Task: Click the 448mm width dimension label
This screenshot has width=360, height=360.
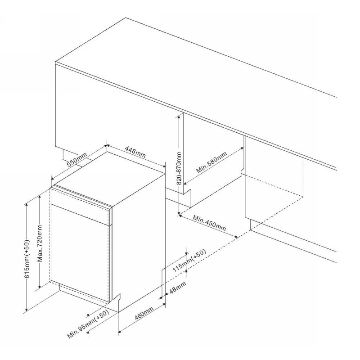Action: pyautogui.click(x=135, y=152)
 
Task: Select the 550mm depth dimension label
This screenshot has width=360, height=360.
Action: pyautogui.click(x=76, y=159)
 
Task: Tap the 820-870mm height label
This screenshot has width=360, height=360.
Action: pyautogui.click(x=179, y=168)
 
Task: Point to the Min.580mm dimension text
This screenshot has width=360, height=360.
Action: pyautogui.click(x=211, y=162)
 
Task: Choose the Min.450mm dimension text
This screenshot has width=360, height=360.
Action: pyautogui.click(x=209, y=223)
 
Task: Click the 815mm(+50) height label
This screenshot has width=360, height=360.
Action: pyautogui.click(x=27, y=259)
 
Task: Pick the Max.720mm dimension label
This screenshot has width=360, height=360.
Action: pyautogui.click(x=40, y=243)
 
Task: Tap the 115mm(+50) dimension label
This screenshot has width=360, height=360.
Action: pyautogui.click(x=189, y=261)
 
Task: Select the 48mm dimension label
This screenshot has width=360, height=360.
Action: pyautogui.click(x=177, y=288)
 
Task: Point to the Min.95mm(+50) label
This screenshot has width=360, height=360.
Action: pyautogui.click(x=88, y=324)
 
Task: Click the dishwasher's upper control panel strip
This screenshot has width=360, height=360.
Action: pyautogui.click(x=81, y=207)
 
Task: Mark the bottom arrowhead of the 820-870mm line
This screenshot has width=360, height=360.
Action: pyautogui.click(x=179, y=215)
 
